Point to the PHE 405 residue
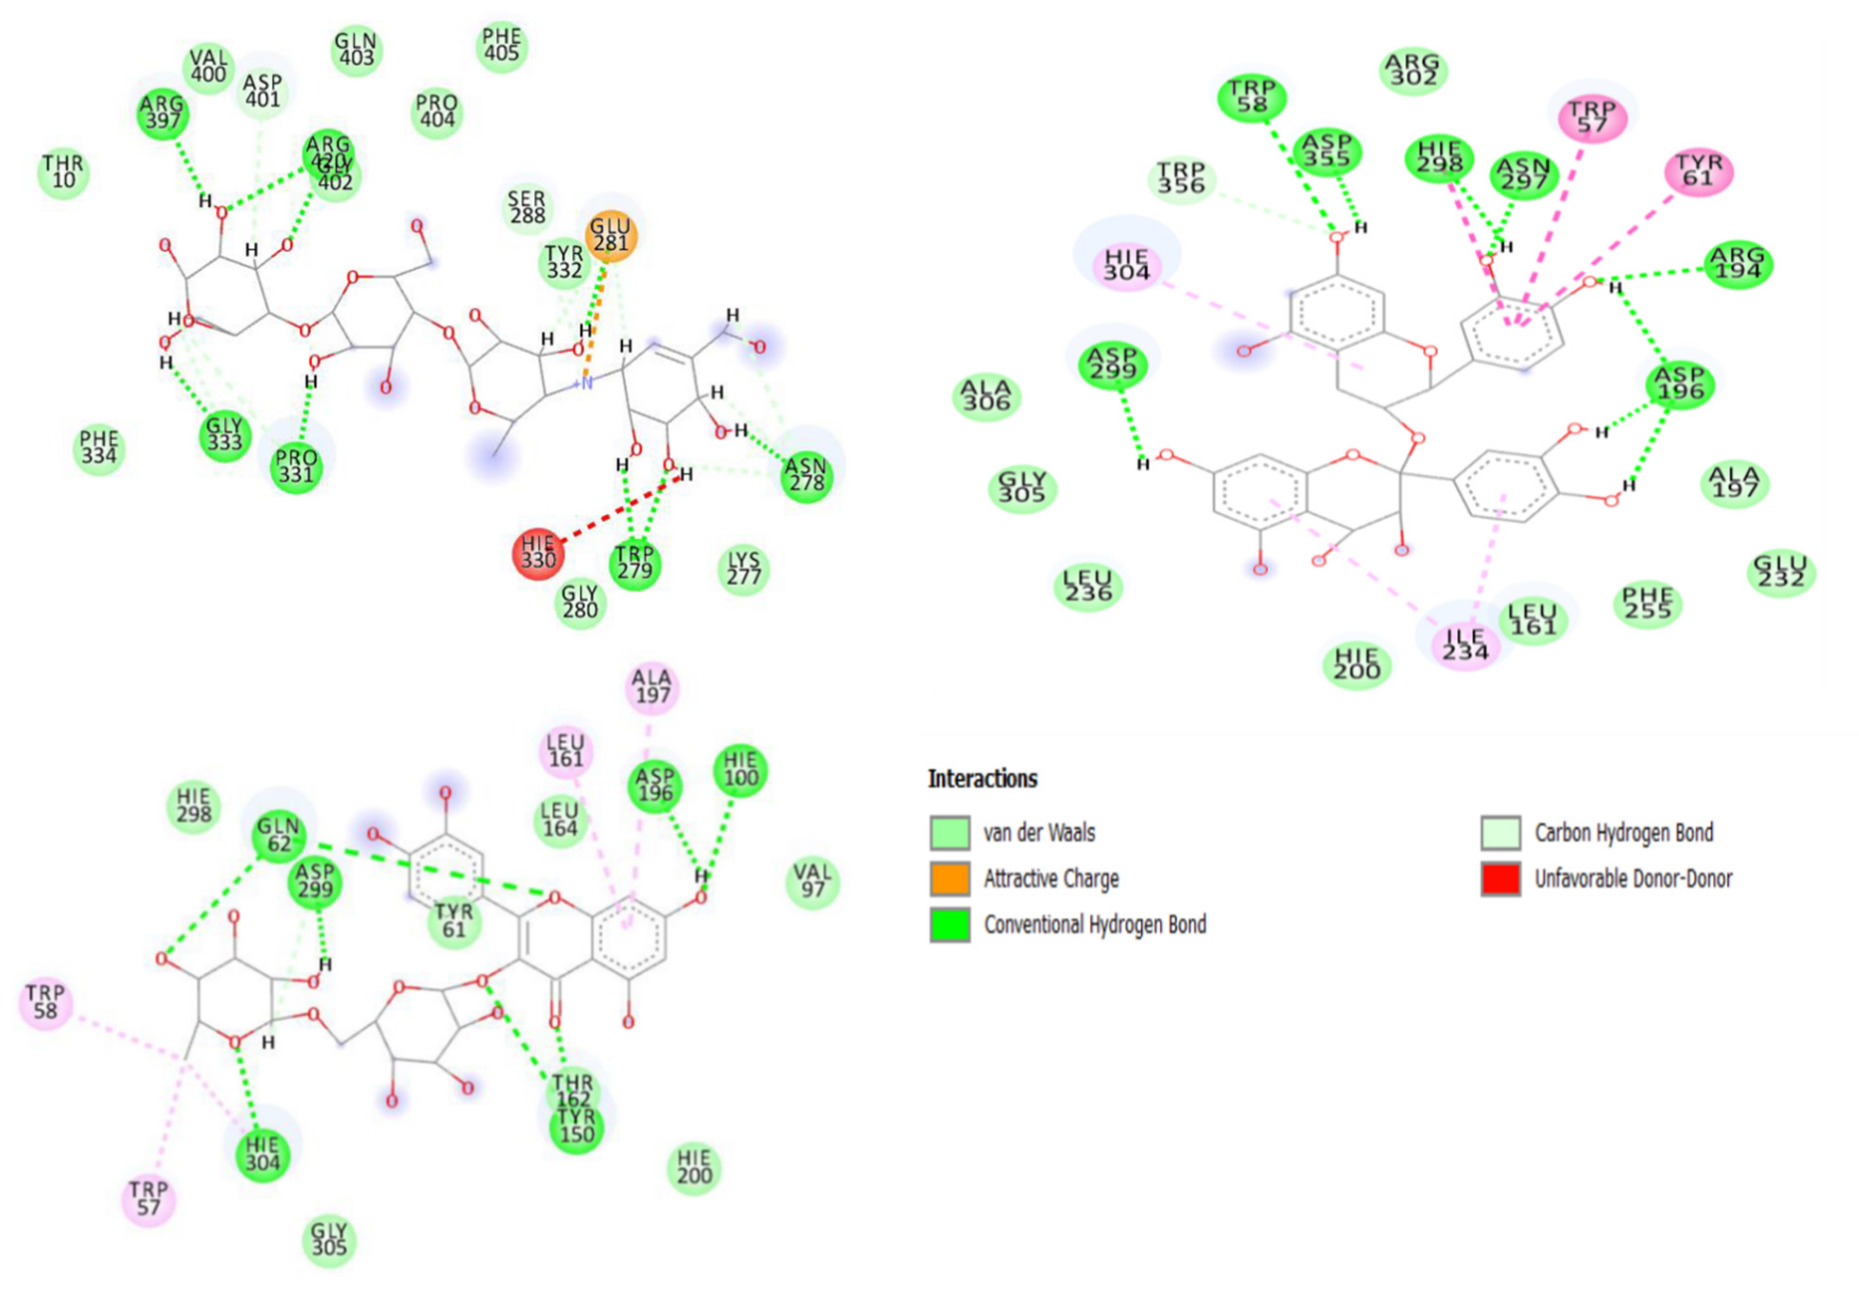pos(501,46)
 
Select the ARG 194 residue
pos(1738,265)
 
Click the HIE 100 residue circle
pos(740,771)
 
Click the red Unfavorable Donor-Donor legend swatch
pos(1500,879)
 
